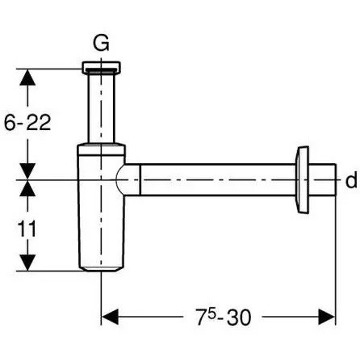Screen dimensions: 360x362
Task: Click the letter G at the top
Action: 101,44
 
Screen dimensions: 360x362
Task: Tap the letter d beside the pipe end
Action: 351,180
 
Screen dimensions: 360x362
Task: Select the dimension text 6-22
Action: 27,123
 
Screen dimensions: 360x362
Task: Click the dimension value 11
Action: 27,229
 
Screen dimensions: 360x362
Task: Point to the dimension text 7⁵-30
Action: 223,317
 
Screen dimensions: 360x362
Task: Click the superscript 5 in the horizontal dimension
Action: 211,314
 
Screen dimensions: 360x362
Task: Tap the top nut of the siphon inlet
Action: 101,68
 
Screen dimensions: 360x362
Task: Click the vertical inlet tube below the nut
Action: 101,108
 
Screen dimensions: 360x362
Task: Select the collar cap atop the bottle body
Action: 101,149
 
